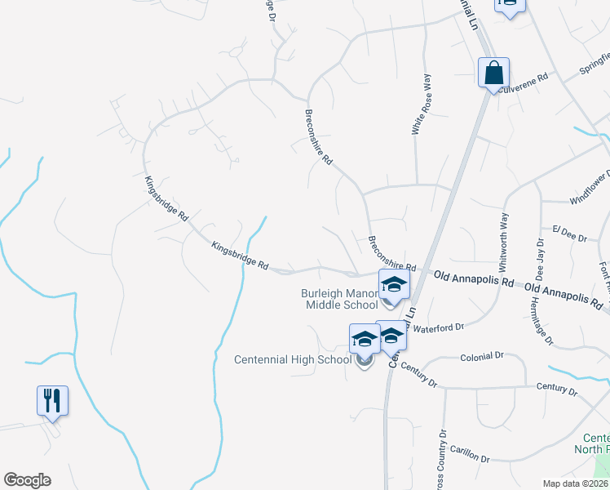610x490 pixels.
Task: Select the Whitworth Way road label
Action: pyautogui.click(x=504, y=243)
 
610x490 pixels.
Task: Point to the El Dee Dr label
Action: pyautogui.click(x=569, y=234)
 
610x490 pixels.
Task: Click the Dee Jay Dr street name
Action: pyautogui.click(x=540, y=260)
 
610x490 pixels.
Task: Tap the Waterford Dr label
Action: pyautogui.click(x=437, y=327)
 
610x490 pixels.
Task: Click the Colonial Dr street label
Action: pyautogui.click(x=482, y=356)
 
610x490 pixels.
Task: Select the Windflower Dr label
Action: pyautogui.click(x=590, y=189)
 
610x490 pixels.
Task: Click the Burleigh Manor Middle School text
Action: pyautogui.click(x=338, y=299)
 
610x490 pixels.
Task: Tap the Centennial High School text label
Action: pyautogui.click(x=292, y=359)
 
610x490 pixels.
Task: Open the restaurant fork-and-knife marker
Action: pyautogui.click(x=52, y=401)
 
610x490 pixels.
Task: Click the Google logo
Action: pyautogui.click(x=27, y=480)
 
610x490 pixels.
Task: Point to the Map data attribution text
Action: pyautogui.click(x=574, y=483)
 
